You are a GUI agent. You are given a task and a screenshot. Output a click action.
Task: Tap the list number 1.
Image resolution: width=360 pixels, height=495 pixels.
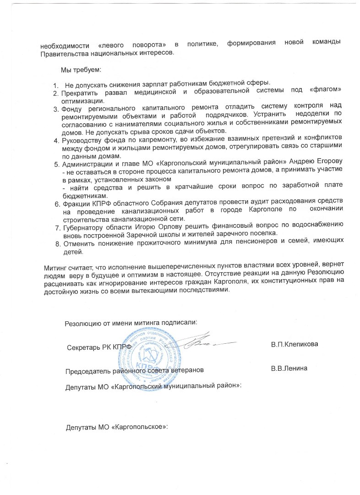[56, 84]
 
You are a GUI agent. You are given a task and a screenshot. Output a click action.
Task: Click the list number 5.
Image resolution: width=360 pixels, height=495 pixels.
[57, 164]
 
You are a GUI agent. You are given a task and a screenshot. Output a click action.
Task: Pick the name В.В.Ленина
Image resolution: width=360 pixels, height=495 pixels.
[289, 368]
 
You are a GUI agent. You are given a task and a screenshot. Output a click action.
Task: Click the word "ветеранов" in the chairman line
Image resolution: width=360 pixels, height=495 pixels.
[185, 369]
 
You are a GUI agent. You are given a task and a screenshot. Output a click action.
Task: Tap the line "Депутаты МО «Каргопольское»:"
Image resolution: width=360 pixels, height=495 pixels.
[117, 427]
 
